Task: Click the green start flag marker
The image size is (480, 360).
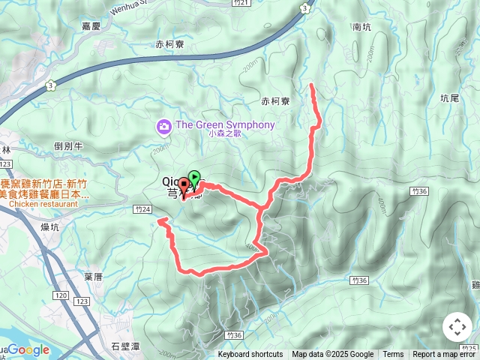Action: pyautogui.click(x=194, y=178)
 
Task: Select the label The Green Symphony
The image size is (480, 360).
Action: pyautogui.click(x=225, y=125)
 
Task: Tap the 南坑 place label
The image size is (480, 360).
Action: pyautogui.click(x=361, y=26)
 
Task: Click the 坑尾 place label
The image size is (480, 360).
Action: pyautogui.click(x=449, y=97)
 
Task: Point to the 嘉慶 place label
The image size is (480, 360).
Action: pyautogui.click(x=91, y=25)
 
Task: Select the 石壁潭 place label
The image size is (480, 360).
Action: pyautogui.click(x=125, y=346)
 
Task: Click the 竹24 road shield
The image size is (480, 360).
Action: pyautogui.click(x=141, y=209)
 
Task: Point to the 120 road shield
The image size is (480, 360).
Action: pyautogui.click(x=60, y=296)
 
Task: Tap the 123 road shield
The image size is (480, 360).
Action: pyautogui.click(x=82, y=301)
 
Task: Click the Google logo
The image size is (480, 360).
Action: pyautogui.click(x=28, y=349)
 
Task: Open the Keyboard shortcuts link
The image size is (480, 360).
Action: pyautogui.click(x=250, y=355)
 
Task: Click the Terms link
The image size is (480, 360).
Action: pyautogui.click(x=393, y=355)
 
